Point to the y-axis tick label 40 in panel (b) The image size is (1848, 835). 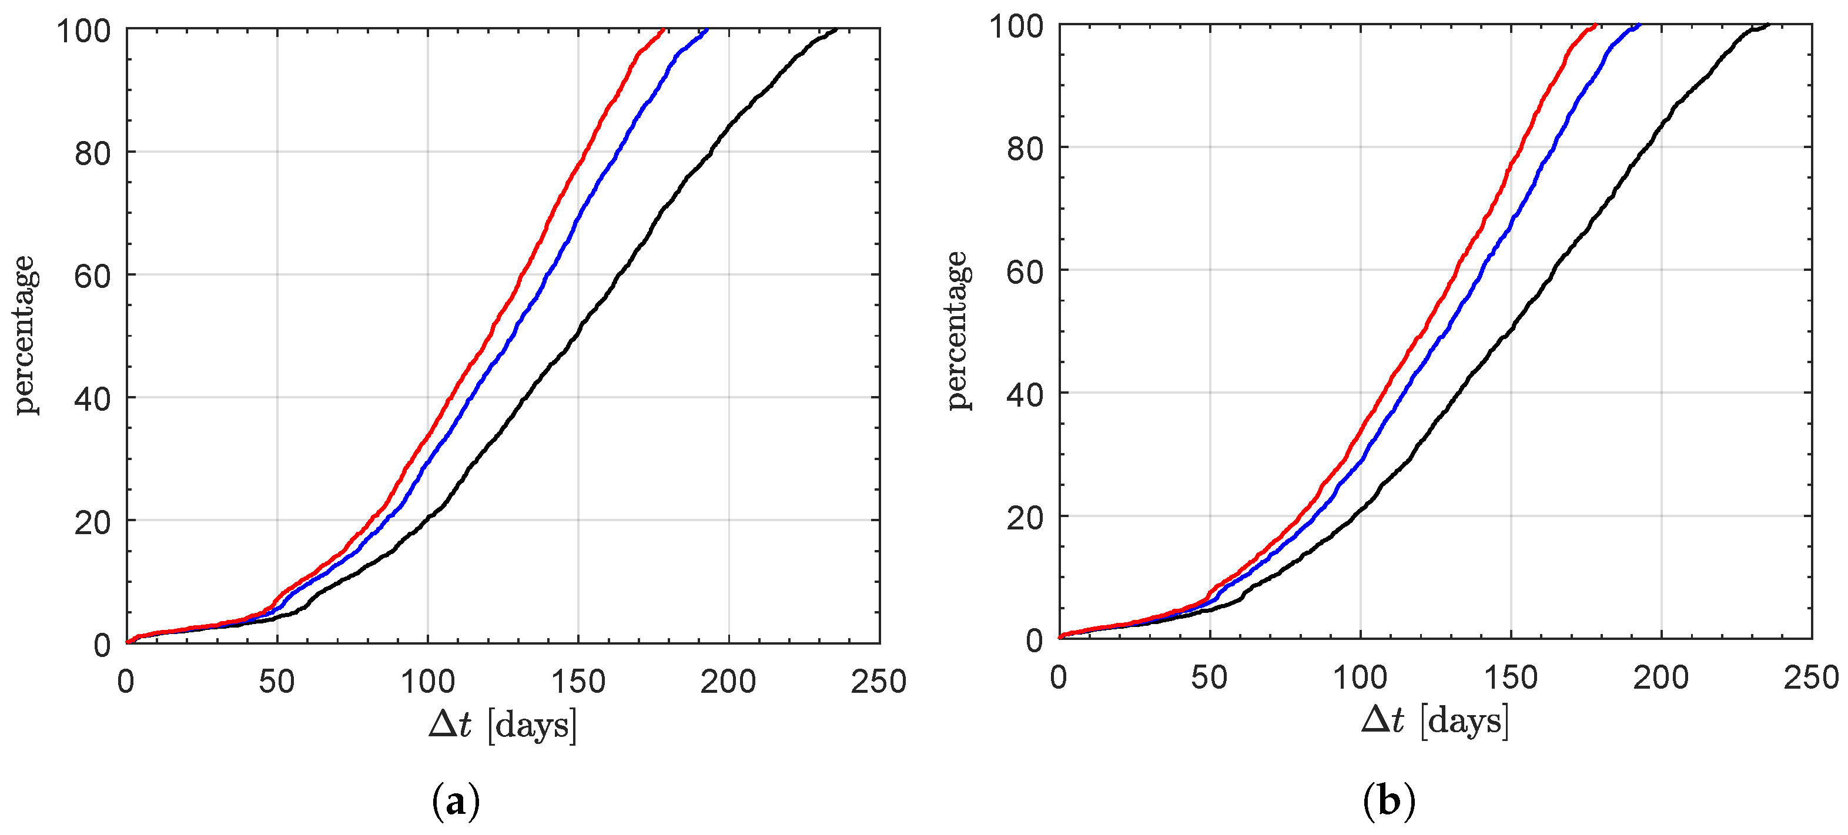click(x=1025, y=394)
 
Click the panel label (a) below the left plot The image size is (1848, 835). click(x=456, y=803)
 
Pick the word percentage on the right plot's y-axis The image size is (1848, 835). click(x=957, y=331)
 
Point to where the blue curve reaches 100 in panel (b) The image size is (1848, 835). click(x=1639, y=25)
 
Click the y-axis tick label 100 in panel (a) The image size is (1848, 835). click(x=83, y=31)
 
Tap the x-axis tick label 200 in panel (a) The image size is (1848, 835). click(x=728, y=682)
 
